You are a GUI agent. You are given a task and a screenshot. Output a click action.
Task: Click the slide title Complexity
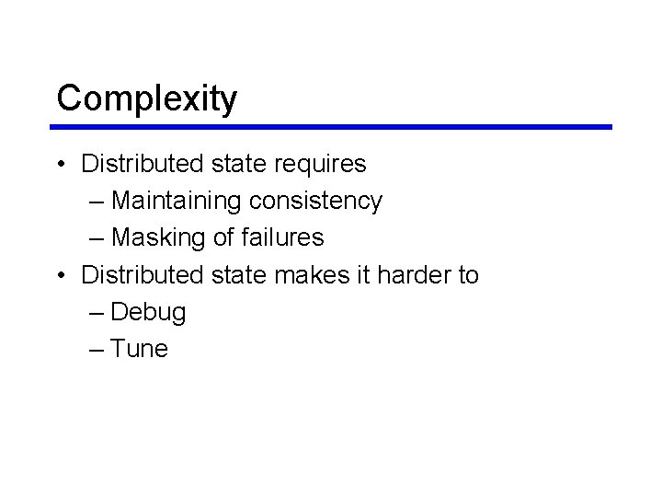pyautogui.click(x=146, y=98)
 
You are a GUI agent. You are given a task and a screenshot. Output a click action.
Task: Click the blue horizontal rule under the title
pyautogui.click(x=332, y=127)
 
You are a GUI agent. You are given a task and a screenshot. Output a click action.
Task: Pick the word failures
pyautogui.click(x=282, y=237)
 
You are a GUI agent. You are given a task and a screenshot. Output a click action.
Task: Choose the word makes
pyautogui.click(x=299, y=274)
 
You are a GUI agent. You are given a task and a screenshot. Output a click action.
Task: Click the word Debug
pyautogui.click(x=148, y=312)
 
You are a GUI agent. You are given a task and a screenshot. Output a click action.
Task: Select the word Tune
pyautogui.click(x=140, y=349)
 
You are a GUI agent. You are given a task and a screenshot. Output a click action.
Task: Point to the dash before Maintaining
pyautogui.click(x=98, y=202)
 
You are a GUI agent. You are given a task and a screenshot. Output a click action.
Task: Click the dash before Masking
pyautogui.click(x=98, y=238)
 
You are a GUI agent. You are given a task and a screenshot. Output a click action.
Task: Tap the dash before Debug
pyautogui.click(x=98, y=312)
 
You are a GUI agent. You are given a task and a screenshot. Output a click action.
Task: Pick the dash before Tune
pyautogui.click(x=98, y=349)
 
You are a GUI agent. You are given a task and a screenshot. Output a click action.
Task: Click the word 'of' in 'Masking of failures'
pyautogui.click(x=223, y=237)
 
